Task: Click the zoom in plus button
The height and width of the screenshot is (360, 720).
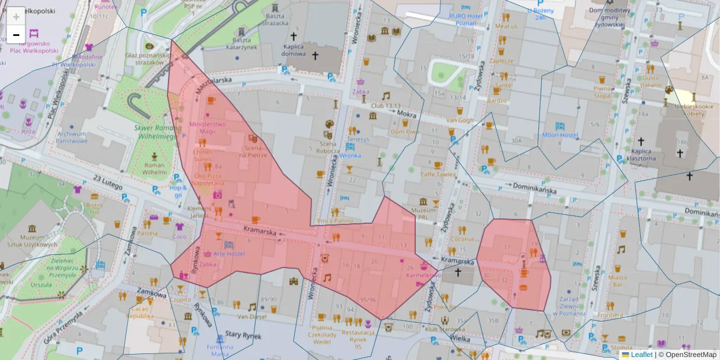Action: coord(16,16)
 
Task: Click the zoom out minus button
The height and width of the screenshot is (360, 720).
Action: coord(16,35)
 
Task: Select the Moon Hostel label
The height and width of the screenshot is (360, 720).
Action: coord(559,135)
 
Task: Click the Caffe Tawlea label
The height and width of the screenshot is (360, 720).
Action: coord(438,174)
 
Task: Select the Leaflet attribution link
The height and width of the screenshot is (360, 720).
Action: coord(641,355)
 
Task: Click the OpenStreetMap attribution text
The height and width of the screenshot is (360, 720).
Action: coord(690,355)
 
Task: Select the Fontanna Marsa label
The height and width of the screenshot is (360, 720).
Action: coord(220,350)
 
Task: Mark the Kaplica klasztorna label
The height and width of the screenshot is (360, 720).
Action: coord(639,155)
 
